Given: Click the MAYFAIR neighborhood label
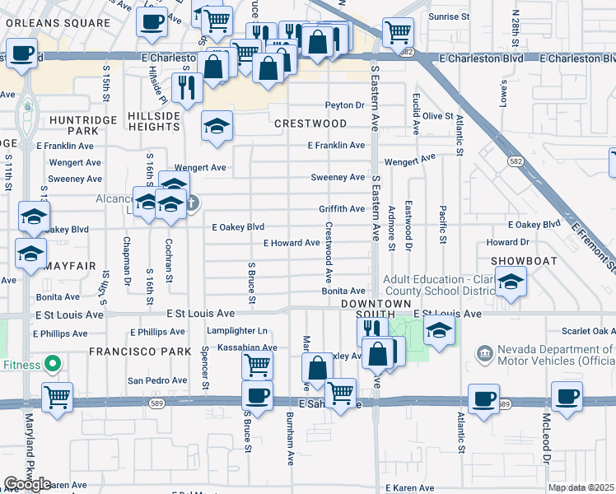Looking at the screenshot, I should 72,266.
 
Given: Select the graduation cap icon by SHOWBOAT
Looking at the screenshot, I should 511,282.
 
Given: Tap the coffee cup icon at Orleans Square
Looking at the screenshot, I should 152,22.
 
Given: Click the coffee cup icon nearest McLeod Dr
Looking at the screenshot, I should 567,397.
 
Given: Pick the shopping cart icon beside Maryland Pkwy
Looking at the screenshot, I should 58,397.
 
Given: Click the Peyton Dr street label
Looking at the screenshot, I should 344,105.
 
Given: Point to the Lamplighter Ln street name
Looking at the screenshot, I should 238,330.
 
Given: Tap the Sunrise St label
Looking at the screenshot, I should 449,16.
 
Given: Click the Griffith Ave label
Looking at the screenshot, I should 342,209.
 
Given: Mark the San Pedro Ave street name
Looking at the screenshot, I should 156,380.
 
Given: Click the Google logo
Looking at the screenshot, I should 27,483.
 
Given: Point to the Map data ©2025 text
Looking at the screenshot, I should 581,487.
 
